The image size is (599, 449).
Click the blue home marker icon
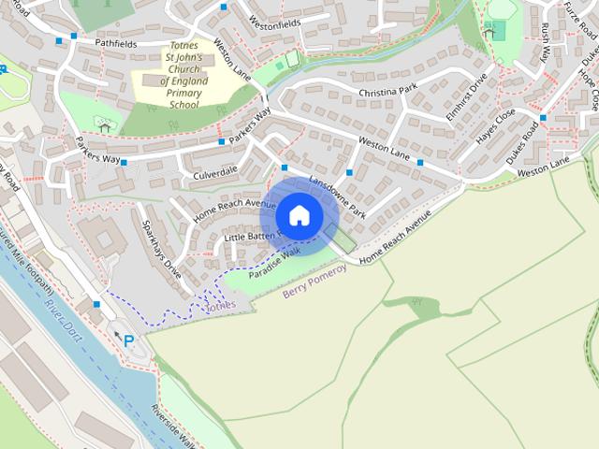click(299, 215)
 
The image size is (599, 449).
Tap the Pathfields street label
click(115, 43)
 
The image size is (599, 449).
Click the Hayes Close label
click(495, 127)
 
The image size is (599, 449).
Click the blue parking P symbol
click(127, 341)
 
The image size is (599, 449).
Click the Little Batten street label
click(248, 236)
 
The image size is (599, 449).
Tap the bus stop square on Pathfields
click(60, 40)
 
